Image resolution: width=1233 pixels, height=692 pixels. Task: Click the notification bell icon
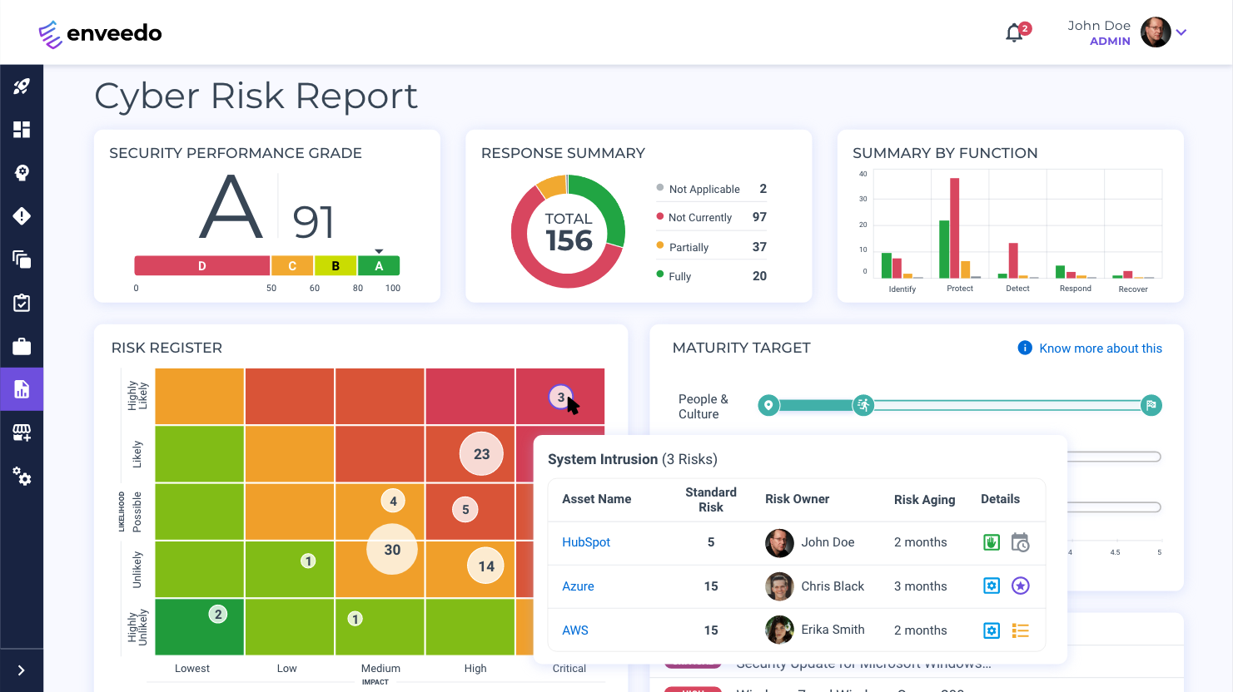coord(1014,33)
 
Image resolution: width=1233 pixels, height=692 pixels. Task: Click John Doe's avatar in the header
coord(1155,32)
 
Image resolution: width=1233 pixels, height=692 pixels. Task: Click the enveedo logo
coord(100,33)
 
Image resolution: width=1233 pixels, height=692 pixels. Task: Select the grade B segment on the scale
coord(336,266)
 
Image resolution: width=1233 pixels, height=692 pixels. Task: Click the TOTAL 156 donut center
coord(568,232)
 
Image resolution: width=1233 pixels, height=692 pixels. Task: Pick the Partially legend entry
coord(689,247)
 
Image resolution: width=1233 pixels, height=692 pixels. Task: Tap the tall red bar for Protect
coord(954,228)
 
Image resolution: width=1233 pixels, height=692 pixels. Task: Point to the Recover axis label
coord(1132,289)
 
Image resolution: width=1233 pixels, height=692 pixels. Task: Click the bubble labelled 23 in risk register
coord(481,454)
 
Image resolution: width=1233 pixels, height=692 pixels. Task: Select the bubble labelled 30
coord(392,550)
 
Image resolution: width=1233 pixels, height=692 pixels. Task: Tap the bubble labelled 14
coord(486,566)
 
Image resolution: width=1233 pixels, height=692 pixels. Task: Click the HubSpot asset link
coord(586,542)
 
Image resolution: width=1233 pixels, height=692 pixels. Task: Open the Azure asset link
coord(578,586)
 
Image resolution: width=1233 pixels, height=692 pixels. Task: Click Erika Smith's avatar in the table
coord(779,630)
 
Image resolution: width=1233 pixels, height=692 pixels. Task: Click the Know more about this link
coord(1100,348)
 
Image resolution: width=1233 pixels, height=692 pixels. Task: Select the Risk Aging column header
coord(924,499)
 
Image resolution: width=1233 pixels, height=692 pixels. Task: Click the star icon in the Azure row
coord(1020,586)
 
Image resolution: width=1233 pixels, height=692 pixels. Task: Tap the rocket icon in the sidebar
coord(22,86)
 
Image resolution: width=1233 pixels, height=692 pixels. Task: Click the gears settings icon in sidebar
coord(22,476)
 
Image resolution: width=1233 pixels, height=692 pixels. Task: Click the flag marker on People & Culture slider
coord(1151,405)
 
